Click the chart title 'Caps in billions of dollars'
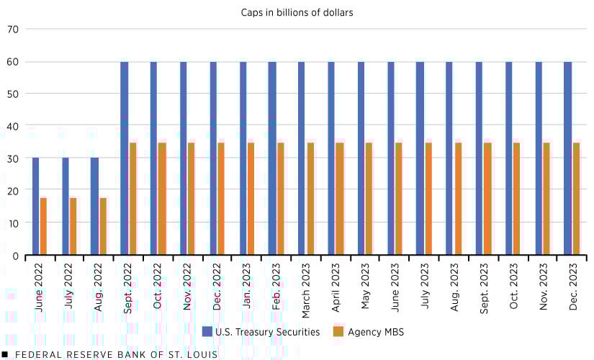(x=297, y=12)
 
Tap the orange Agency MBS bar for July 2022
(x=73, y=226)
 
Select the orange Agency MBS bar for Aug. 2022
(x=103, y=226)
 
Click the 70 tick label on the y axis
(x=14, y=30)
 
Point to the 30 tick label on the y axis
(x=14, y=158)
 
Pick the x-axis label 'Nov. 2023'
(x=542, y=287)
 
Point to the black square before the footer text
(x=5, y=354)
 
